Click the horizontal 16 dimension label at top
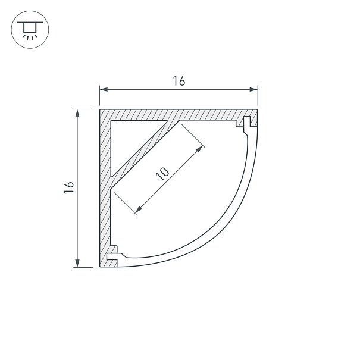click(x=179, y=81)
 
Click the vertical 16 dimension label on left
click(x=69, y=187)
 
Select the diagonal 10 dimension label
click(x=162, y=174)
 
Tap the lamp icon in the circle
click(x=30, y=30)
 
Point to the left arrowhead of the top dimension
click(x=104, y=89)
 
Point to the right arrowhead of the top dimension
click(x=253, y=89)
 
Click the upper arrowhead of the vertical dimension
click(x=77, y=114)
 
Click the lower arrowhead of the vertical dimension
click(x=77, y=263)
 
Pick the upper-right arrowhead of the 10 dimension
click(x=199, y=149)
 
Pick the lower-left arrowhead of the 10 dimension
click(x=139, y=209)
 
